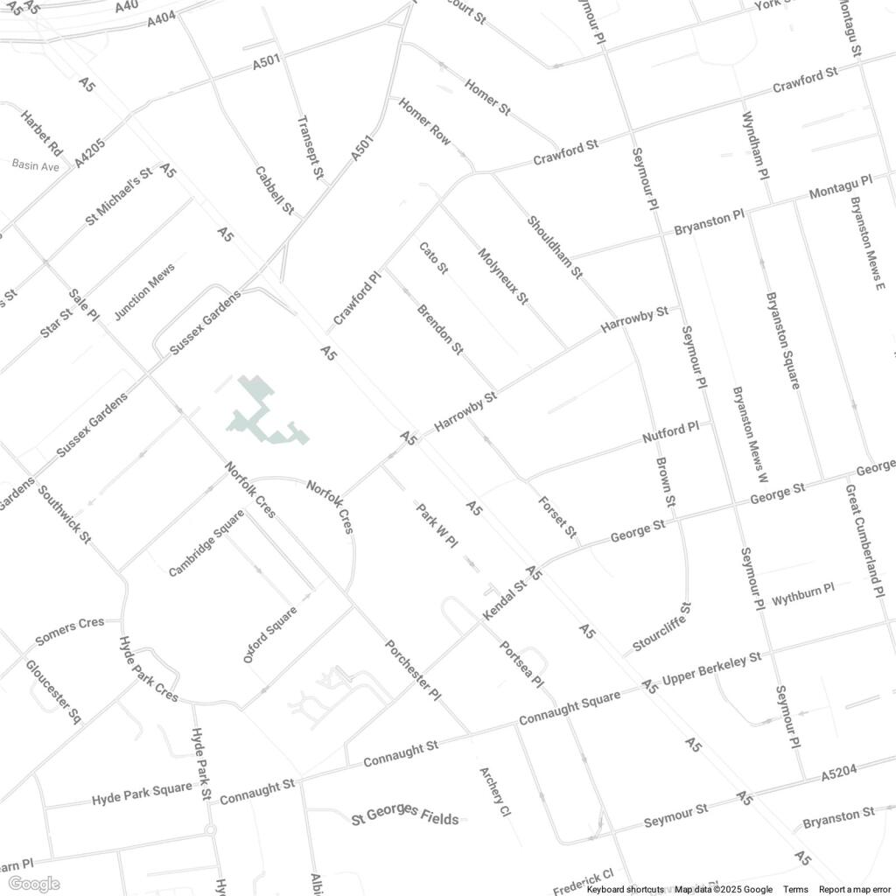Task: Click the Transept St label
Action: pos(310,148)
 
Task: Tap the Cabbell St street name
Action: pos(274,191)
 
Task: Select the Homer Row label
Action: pos(425,122)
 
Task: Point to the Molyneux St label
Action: pos(503,276)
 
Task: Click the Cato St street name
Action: pos(433,259)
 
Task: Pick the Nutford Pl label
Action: pos(671,430)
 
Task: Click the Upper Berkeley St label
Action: pos(712,668)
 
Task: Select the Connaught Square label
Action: pos(570,707)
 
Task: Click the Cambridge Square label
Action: pos(206,542)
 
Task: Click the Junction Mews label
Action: pos(145,291)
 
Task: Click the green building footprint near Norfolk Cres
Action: pos(266,416)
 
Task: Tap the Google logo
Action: pos(33,884)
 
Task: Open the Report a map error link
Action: pos(853,890)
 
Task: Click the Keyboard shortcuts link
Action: pos(625,890)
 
